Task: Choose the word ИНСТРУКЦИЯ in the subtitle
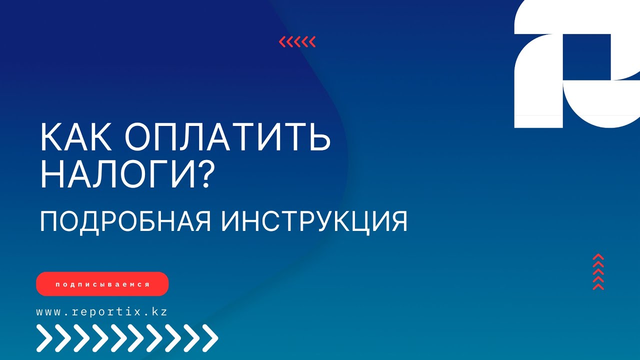coord(314,221)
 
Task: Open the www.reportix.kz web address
coord(101,311)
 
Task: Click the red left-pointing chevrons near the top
coord(297,42)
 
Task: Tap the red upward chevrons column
coord(598,272)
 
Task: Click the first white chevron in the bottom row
coord(44,338)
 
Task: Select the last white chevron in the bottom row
coord(210,338)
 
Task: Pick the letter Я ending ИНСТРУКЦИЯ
coord(398,221)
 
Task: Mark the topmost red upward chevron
coord(598,257)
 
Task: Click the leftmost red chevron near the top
coord(282,42)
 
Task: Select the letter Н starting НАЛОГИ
coord(51,175)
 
